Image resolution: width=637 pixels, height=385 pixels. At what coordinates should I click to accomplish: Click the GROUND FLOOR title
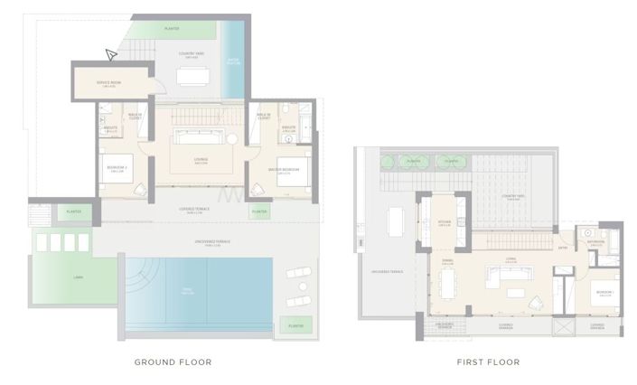pyautogui.click(x=173, y=362)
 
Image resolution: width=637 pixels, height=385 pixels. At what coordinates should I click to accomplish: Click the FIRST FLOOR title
pyautogui.click(x=489, y=362)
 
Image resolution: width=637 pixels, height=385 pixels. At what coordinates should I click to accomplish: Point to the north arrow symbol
pyautogui.click(x=111, y=55)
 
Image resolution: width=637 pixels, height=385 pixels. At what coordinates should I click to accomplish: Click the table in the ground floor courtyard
pyautogui.click(x=192, y=76)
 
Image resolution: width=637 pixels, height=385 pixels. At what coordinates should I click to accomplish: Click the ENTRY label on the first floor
pyautogui.click(x=563, y=249)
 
